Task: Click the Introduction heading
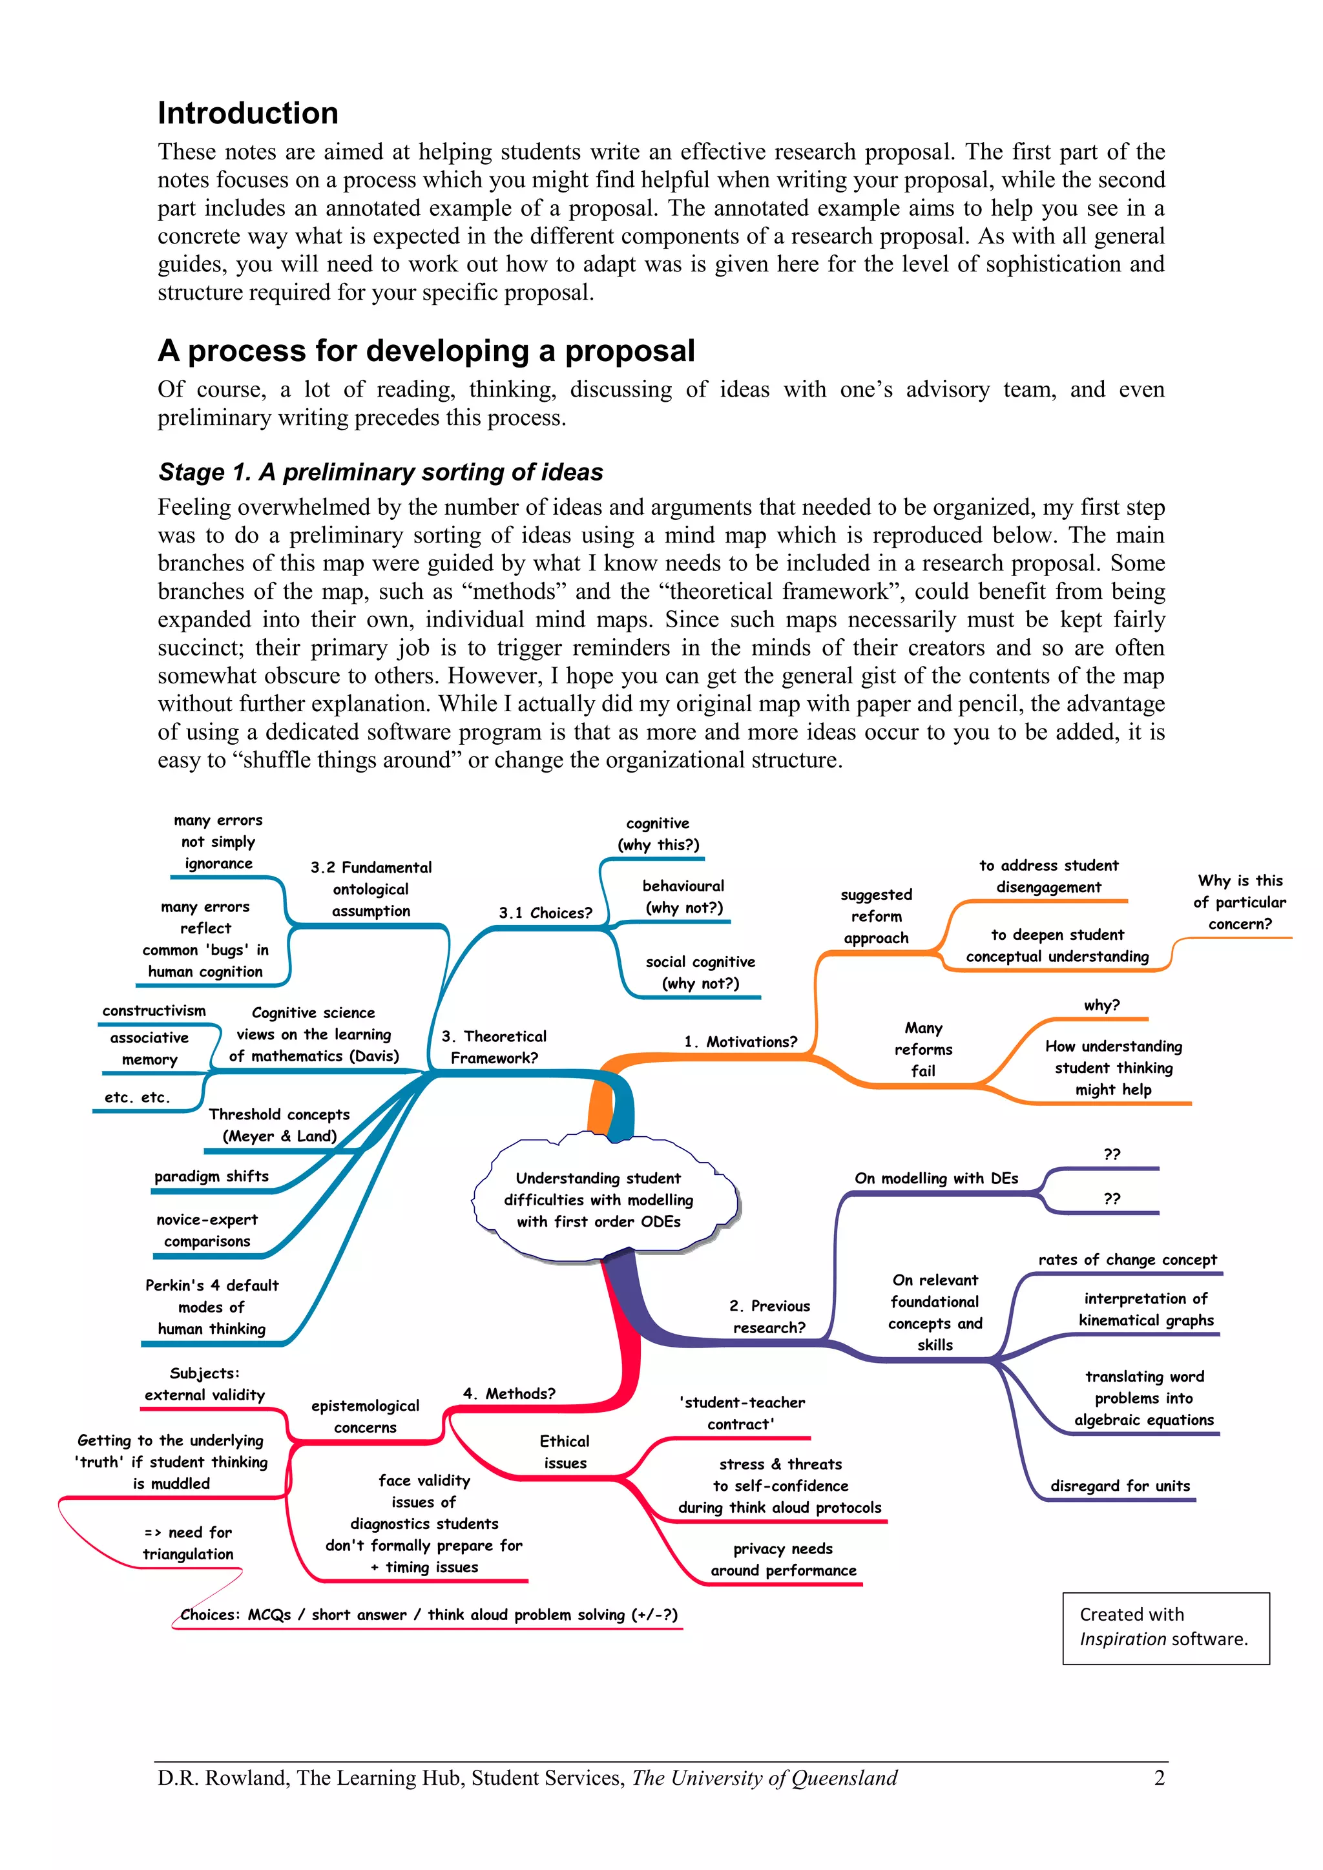point(247,113)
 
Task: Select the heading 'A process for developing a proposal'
point(426,351)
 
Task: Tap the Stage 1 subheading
point(380,472)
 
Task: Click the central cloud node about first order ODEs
point(599,1200)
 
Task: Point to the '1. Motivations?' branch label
point(740,1042)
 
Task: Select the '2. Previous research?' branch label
point(769,1316)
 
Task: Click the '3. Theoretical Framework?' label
point(494,1046)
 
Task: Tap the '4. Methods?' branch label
point(509,1393)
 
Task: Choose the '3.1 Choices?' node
point(546,913)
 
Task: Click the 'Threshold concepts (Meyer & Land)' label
point(280,1125)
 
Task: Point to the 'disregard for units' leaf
point(1120,1486)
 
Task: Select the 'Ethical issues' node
point(565,1452)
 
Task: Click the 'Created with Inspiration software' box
point(1165,1627)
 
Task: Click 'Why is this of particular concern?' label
point(1240,902)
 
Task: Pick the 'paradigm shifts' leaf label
point(212,1176)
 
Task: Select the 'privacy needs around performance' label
point(783,1560)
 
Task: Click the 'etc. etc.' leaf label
point(137,1097)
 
